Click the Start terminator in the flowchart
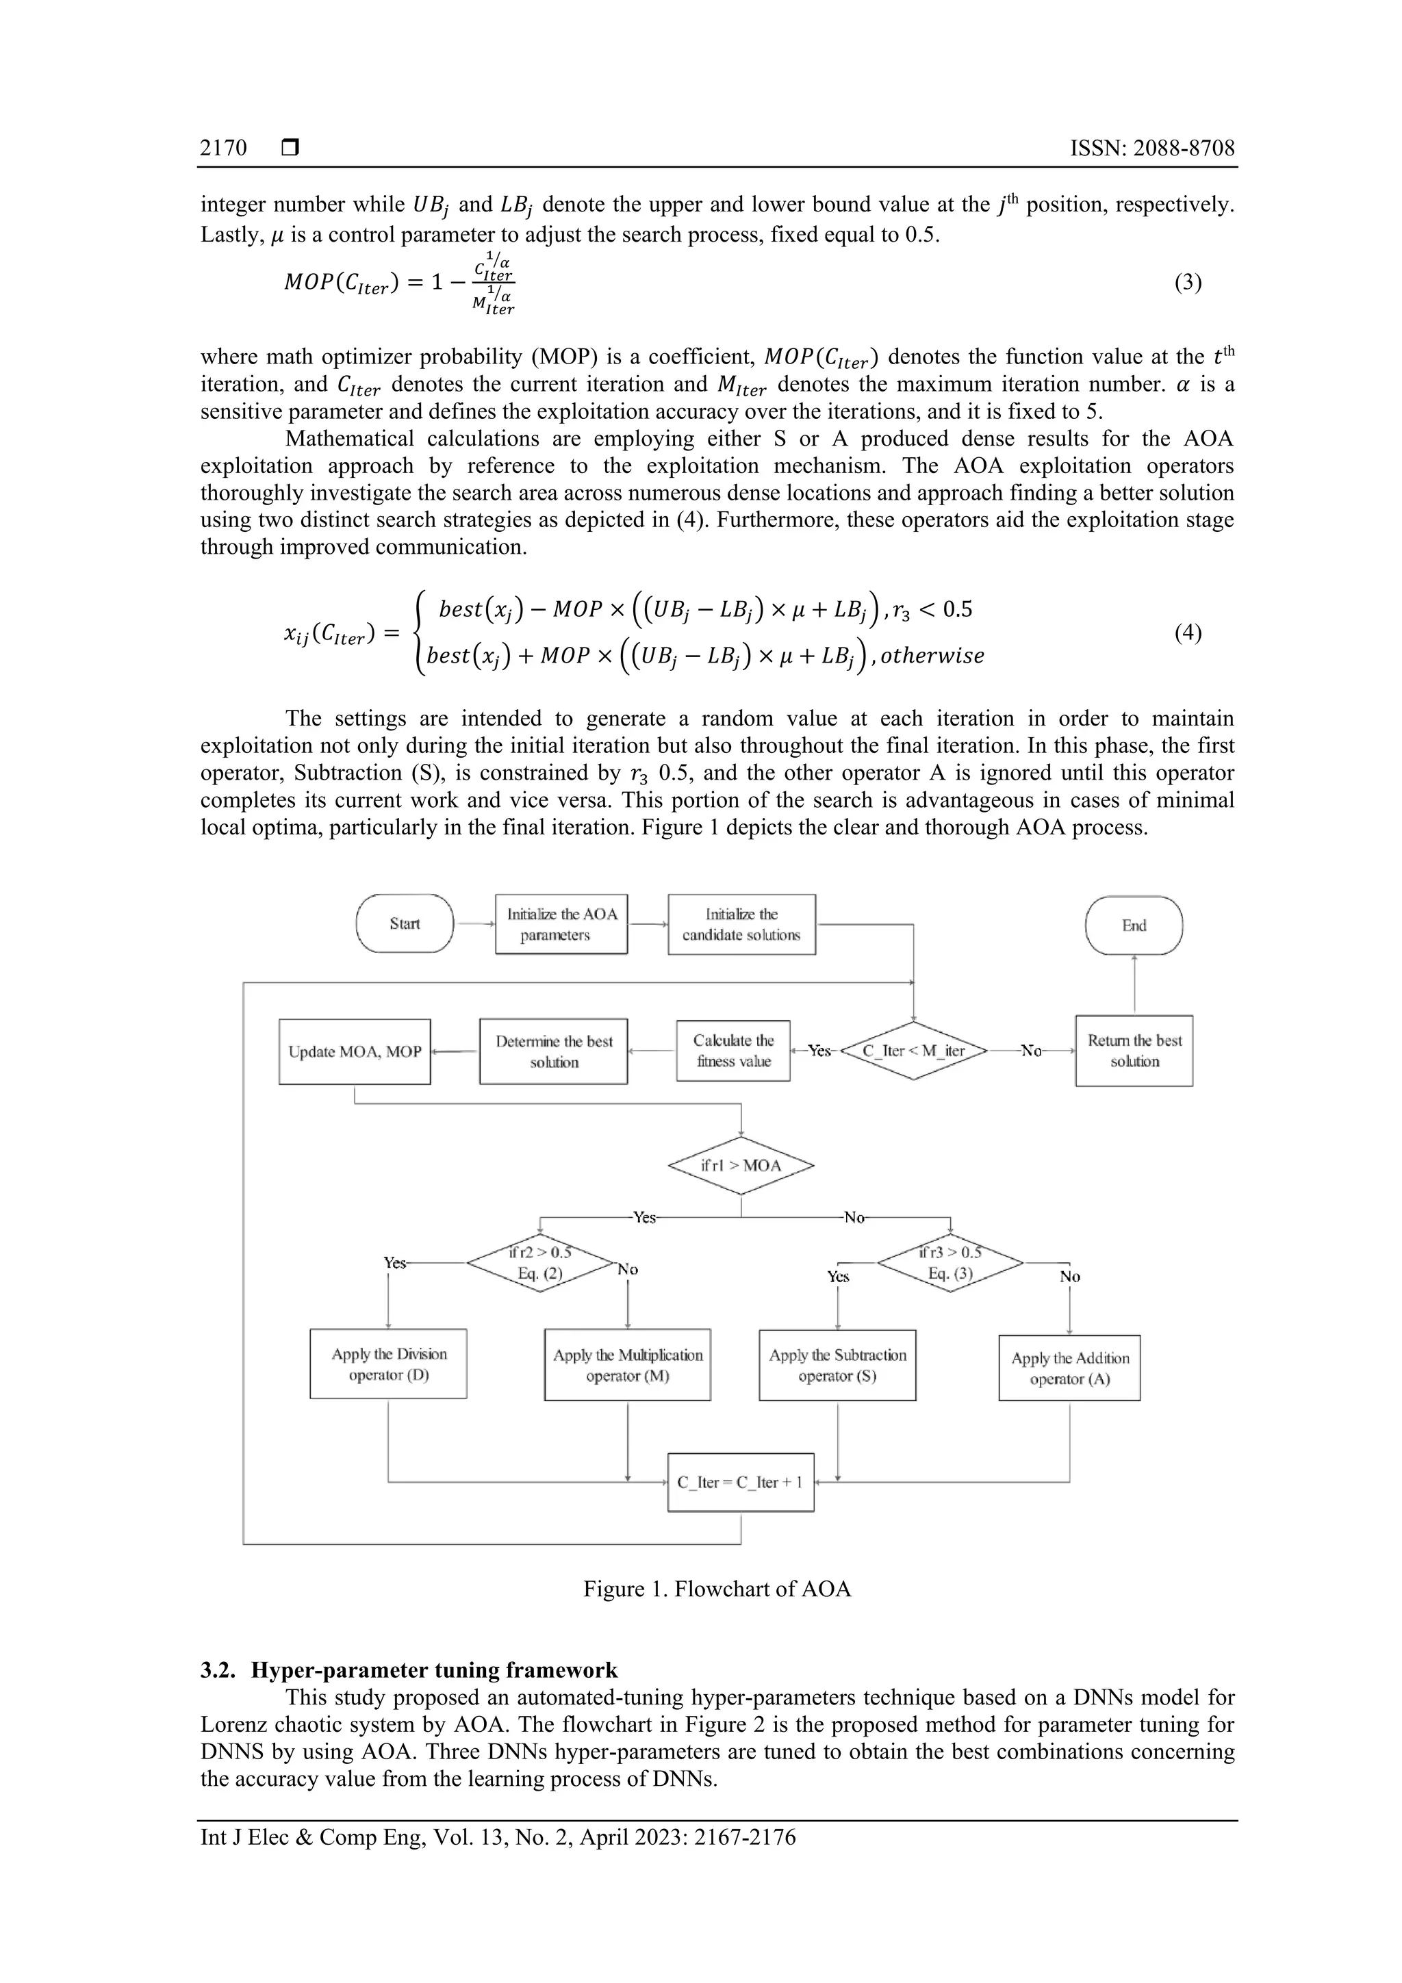(x=405, y=923)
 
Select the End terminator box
(x=1134, y=925)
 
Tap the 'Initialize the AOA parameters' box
(x=561, y=924)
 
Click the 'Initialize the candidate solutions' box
(x=741, y=924)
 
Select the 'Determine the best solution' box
(x=554, y=1051)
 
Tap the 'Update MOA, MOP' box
(x=354, y=1051)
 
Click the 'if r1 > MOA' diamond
(x=741, y=1166)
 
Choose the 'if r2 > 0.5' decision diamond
(x=540, y=1263)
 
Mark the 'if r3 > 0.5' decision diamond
(x=950, y=1263)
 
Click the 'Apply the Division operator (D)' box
(x=389, y=1364)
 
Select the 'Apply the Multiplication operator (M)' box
(x=627, y=1365)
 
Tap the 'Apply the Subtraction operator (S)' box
(x=837, y=1365)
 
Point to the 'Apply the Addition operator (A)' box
(x=1069, y=1367)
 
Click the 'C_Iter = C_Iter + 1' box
(x=740, y=1482)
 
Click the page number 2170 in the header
(x=224, y=149)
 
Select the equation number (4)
(x=1188, y=633)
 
